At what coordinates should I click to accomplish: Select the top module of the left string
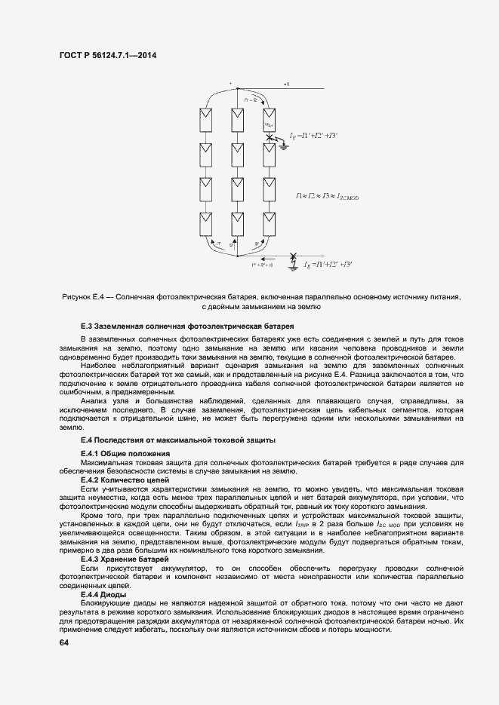[x=204, y=119]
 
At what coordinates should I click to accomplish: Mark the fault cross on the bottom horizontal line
[x=294, y=256]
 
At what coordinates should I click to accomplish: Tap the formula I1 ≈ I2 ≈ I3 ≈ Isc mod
[x=327, y=196]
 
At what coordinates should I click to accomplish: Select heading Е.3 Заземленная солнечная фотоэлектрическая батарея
[x=186, y=326]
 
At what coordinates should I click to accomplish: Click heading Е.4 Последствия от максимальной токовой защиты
[x=177, y=439]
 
